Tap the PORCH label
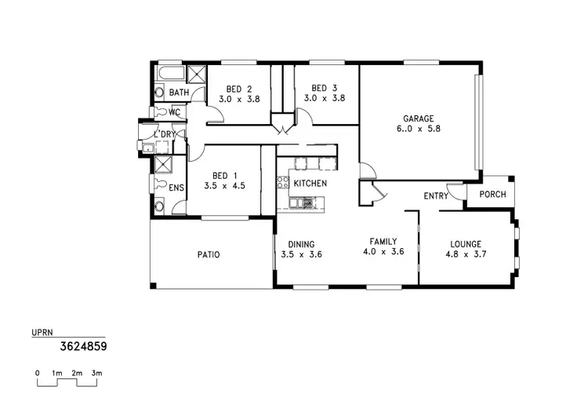tap(492, 195)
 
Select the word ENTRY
tap(436, 195)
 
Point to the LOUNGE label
tap(465, 244)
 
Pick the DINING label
tap(301, 244)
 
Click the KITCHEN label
tap(310, 184)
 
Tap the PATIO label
tap(208, 255)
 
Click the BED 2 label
tap(238, 89)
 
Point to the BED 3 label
tap(324, 88)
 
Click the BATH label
tap(180, 93)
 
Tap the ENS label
tap(176, 188)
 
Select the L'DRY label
tap(165, 135)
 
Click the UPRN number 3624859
tap(84, 345)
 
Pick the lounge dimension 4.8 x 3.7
tap(465, 254)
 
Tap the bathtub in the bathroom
tap(169, 75)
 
